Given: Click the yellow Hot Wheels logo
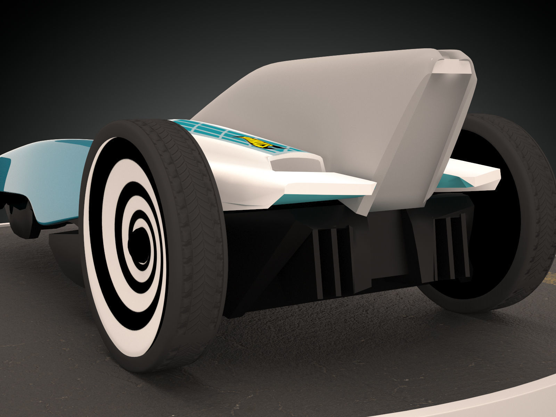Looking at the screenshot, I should (257, 142).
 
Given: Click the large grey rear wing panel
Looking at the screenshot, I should (330, 115).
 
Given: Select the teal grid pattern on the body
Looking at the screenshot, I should (205, 130).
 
